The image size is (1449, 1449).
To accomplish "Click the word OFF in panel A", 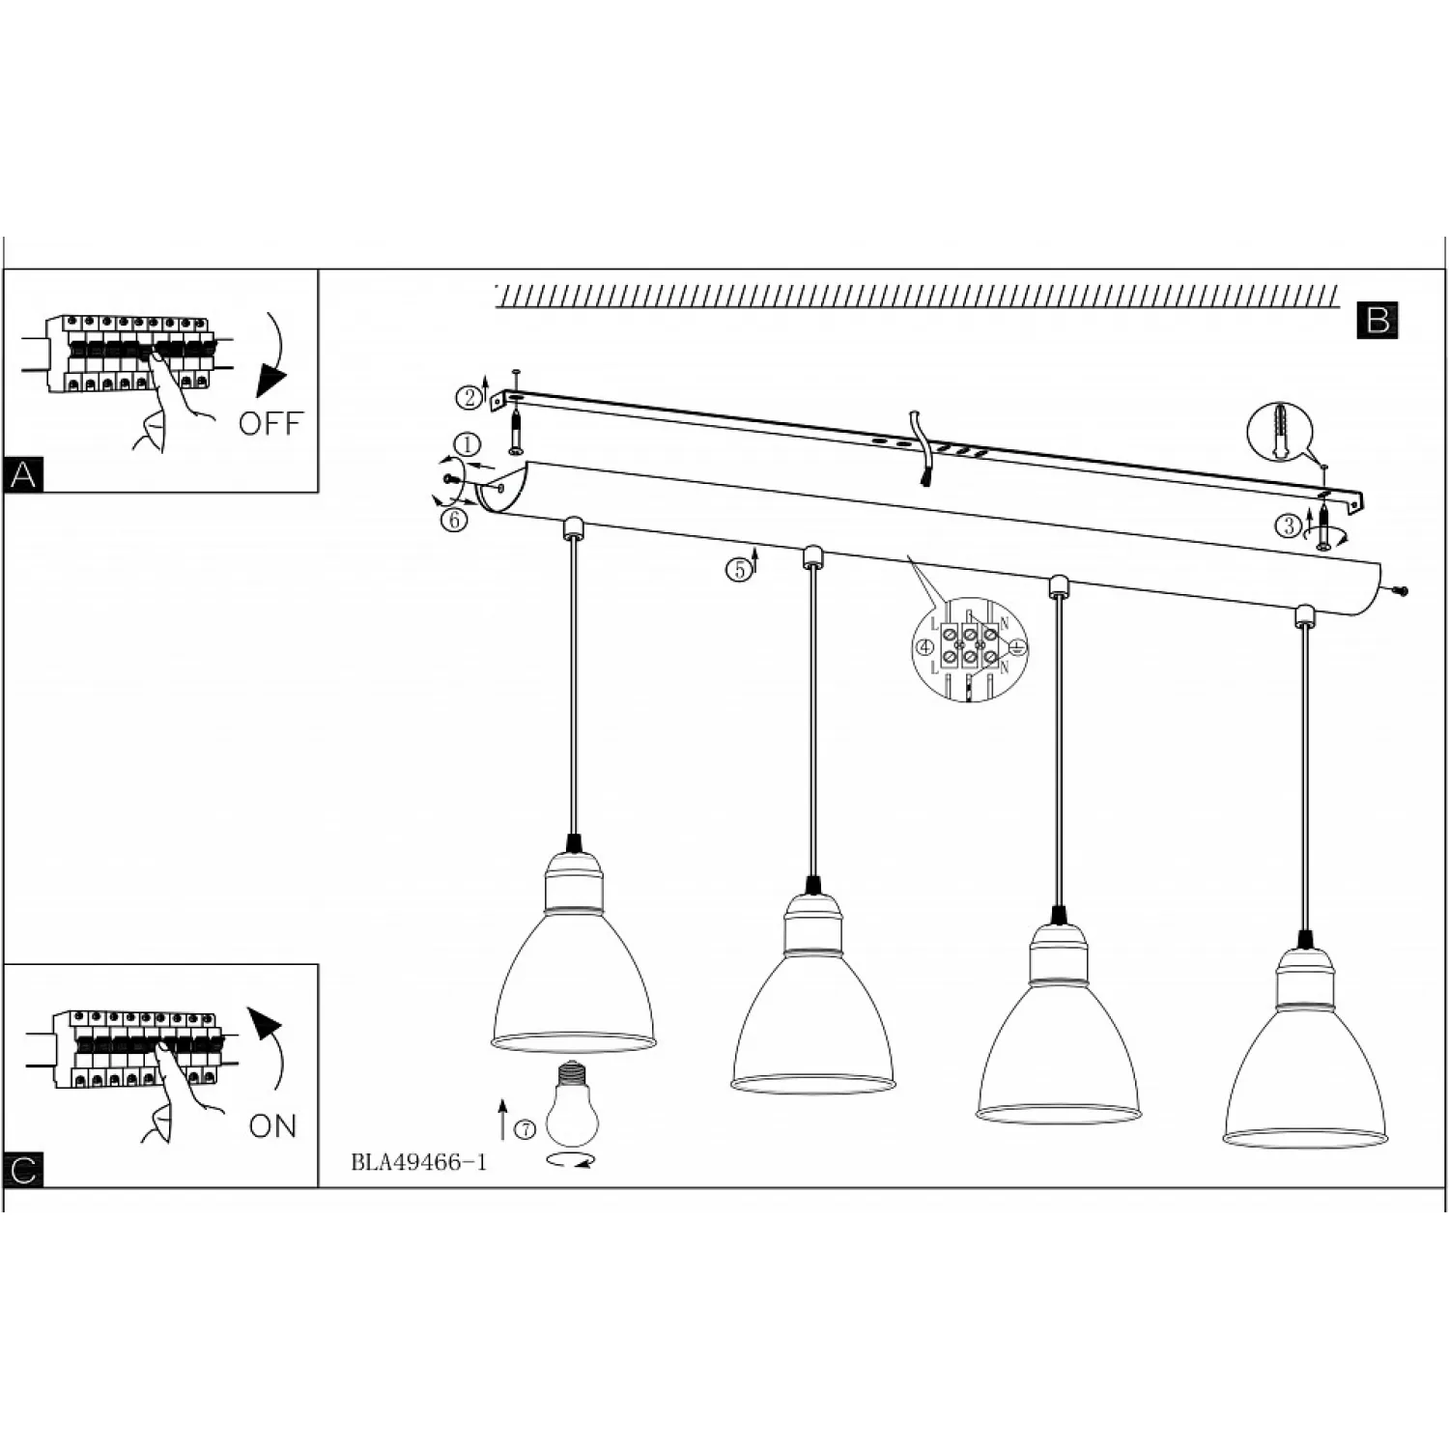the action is coord(270,423).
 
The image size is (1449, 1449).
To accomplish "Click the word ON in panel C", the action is coord(272,1126).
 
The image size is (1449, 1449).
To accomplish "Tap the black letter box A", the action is coord(24,475).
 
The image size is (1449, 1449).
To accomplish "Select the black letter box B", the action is coord(1378,320).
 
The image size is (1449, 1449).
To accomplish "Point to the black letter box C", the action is coord(24,1170).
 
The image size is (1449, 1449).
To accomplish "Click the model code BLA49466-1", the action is coord(419,1162).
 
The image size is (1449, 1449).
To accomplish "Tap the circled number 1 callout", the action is coord(468,445).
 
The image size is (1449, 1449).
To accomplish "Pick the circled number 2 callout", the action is coord(469,397).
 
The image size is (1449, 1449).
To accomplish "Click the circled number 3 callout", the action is coord(1289,526).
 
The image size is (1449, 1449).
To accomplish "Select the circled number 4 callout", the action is coord(925,647).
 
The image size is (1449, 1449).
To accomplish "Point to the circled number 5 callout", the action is coord(738,570).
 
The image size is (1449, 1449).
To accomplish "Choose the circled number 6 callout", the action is coord(454,520).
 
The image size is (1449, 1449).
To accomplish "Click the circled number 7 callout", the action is coord(526,1129).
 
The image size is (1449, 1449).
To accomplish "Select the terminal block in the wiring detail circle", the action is coord(969,643).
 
